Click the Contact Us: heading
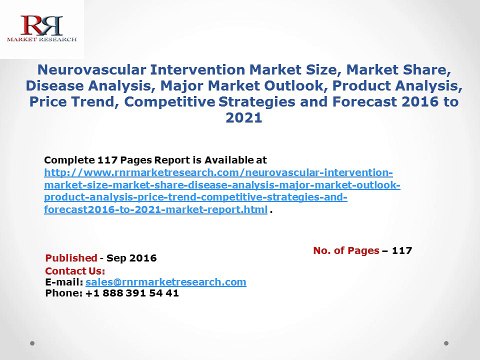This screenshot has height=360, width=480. coord(75,270)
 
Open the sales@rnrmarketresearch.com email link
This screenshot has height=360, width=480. coord(165,281)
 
